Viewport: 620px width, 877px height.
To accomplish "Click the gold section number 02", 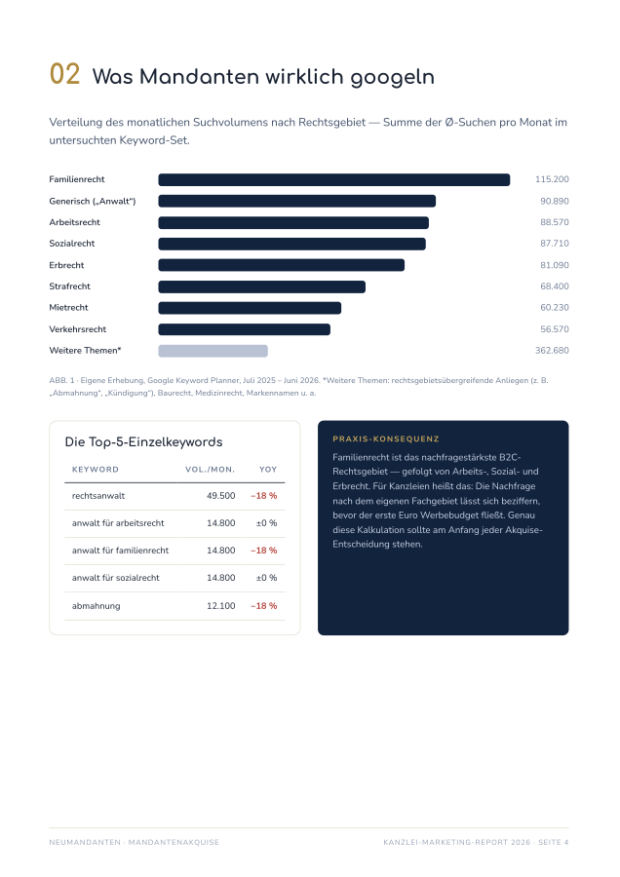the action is (65, 74).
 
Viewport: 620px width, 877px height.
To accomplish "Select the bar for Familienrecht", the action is (334, 179).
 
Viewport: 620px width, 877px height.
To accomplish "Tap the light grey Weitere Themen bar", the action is (213, 351).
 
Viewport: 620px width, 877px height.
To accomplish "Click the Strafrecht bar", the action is (262, 286).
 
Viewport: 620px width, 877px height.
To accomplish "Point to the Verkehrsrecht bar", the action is (245, 329).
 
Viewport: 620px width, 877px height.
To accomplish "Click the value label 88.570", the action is (555, 222).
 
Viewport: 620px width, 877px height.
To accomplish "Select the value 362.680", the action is (552, 351).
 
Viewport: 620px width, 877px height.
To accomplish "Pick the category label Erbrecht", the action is (66, 265).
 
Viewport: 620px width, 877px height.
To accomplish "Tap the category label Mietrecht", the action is (69, 308).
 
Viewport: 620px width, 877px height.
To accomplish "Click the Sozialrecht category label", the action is (72, 244).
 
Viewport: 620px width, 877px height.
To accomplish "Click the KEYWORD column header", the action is (96, 470).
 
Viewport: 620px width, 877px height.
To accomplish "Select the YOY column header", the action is (268, 470).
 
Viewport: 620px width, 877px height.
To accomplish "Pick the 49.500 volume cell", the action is (221, 496).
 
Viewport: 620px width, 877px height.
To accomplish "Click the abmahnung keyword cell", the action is (97, 606).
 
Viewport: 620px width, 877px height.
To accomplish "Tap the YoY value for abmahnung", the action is (264, 606).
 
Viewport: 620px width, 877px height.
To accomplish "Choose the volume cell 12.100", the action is (221, 606).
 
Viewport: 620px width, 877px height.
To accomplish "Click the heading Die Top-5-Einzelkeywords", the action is (144, 442).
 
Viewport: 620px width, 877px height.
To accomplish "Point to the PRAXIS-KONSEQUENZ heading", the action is (386, 439).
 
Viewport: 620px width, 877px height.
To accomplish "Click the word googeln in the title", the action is (392, 78).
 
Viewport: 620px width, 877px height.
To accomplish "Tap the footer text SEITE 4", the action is (554, 842).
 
